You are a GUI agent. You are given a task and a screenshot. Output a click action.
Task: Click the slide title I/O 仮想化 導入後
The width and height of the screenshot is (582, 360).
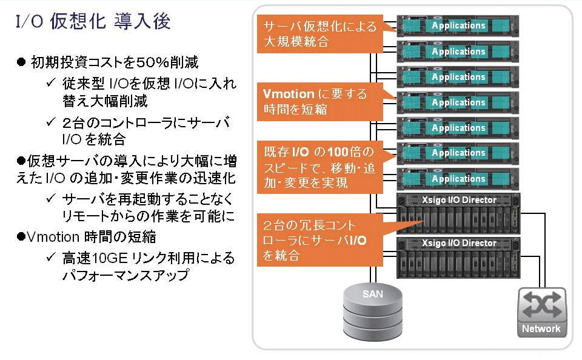[93, 21]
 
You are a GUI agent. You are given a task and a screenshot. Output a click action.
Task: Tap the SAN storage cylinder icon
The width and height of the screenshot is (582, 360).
[372, 311]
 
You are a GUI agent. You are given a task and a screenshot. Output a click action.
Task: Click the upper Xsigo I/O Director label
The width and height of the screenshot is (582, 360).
[459, 200]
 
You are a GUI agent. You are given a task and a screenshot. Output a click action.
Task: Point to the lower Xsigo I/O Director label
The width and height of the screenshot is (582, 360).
[459, 243]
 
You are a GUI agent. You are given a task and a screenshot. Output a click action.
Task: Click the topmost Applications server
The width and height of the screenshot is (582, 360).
[458, 25]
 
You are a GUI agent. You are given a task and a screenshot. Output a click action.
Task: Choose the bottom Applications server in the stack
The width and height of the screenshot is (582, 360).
[458, 179]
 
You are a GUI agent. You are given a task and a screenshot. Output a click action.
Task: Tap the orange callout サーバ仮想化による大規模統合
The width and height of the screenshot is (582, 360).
[320, 34]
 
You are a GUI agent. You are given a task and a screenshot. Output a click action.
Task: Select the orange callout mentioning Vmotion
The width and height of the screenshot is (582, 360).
[320, 102]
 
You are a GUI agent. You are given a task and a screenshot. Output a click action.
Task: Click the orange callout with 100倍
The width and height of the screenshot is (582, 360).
[320, 167]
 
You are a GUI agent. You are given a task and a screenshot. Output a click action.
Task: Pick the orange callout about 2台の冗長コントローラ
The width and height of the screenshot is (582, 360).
[320, 240]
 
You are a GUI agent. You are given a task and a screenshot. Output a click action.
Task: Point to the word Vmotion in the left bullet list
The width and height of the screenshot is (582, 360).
[53, 237]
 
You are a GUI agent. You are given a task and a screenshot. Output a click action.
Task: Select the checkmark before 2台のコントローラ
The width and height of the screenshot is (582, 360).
[51, 121]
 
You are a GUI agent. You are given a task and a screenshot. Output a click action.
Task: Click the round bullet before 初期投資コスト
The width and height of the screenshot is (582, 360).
[21, 62]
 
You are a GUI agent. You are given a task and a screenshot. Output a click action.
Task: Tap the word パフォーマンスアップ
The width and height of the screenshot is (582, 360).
[126, 275]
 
